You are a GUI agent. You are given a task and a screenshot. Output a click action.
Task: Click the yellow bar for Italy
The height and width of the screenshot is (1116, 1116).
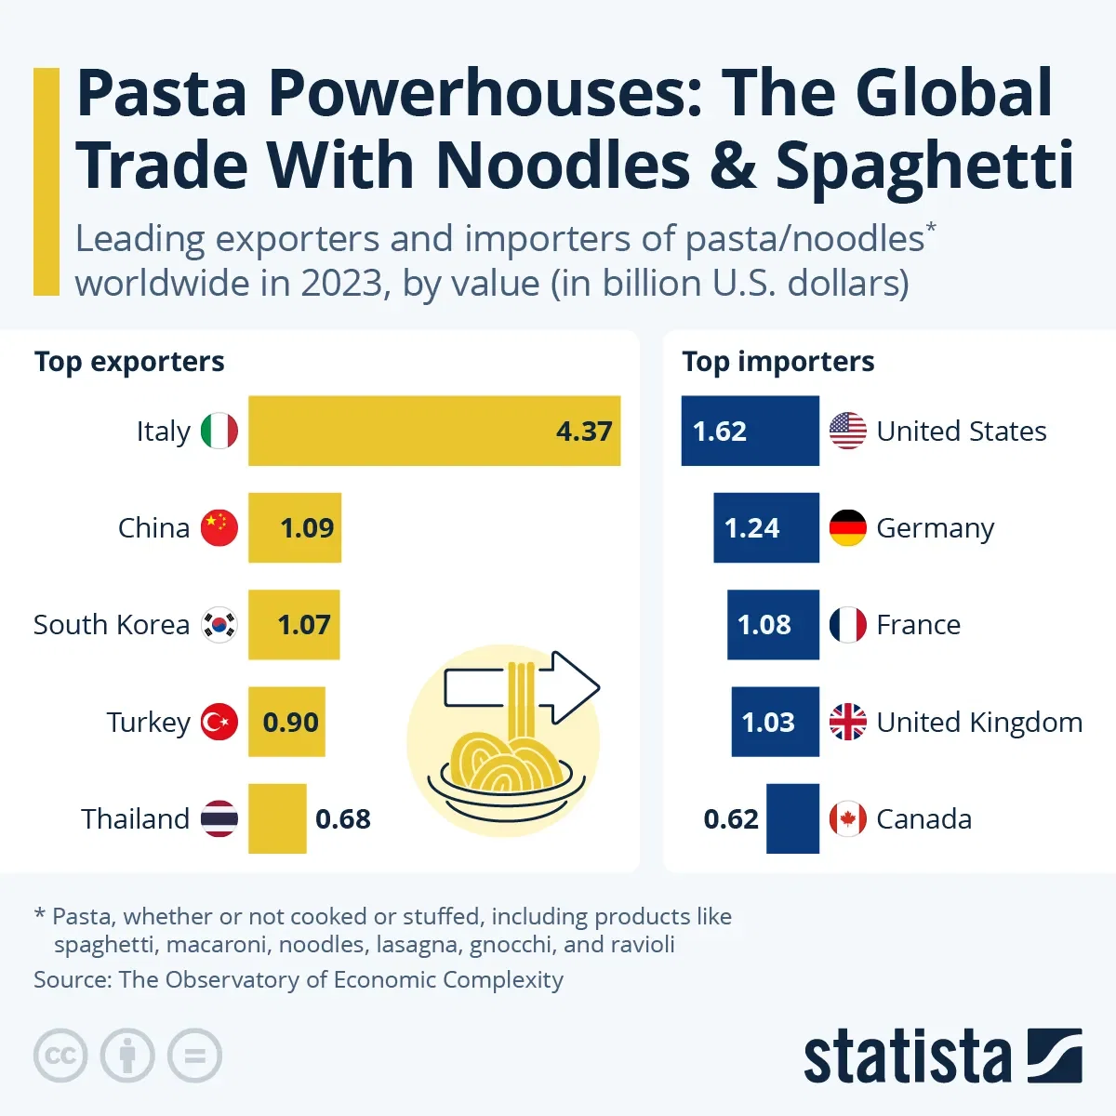(433, 431)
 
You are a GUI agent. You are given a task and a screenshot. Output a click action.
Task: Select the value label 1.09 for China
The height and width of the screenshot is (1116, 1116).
(307, 528)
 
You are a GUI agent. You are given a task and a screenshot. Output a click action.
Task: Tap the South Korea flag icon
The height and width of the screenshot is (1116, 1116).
(219, 625)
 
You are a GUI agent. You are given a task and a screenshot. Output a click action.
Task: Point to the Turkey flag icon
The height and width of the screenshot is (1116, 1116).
(219, 722)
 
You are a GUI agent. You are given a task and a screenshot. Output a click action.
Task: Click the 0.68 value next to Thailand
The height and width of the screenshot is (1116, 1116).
(342, 819)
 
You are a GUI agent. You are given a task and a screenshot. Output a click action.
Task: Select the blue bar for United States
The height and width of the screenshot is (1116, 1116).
(750, 431)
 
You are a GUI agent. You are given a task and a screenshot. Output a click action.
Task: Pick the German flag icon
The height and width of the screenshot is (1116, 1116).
(847, 528)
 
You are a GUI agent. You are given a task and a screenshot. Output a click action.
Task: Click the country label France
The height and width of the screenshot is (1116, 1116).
(918, 625)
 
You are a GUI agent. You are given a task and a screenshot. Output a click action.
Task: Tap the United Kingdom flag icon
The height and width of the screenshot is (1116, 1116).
(847, 722)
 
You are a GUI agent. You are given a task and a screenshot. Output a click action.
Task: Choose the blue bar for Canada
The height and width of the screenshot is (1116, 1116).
(792, 818)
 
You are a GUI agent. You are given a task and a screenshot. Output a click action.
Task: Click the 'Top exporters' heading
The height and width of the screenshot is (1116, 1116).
(129, 362)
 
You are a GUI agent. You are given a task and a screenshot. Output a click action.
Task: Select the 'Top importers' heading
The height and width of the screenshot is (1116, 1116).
(777, 362)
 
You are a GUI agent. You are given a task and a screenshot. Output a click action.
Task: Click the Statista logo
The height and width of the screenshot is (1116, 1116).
(941, 1056)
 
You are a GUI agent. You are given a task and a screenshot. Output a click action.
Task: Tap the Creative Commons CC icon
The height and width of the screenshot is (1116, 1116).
(60, 1056)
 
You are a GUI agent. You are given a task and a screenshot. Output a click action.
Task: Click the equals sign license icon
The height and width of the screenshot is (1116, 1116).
(194, 1056)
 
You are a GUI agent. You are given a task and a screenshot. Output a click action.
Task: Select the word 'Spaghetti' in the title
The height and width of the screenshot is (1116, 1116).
(924, 166)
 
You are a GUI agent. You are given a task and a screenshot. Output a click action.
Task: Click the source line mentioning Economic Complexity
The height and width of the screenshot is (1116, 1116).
(299, 980)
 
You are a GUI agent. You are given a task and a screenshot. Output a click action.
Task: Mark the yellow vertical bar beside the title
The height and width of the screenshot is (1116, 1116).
(46, 181)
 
